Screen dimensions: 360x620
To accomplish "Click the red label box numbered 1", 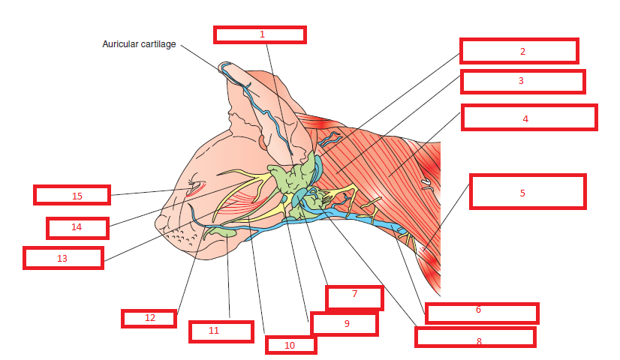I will pyautogui.click(x=260, y=34).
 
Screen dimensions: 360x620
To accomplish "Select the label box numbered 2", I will pyautogui.click(x=519, y=51).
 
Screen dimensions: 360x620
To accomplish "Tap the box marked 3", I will pyautogui.click(x=522, y=81).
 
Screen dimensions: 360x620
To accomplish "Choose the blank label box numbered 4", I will pyautogui.click(x=528, y=118).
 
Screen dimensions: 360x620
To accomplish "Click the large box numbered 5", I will pyautogui.click(x=527, y=192).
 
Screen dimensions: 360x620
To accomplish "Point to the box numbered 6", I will pyautogui.click(x=482, y=313).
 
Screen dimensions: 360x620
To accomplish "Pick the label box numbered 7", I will pyautogui.click(x=354, y=297).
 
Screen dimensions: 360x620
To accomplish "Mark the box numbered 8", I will pyautogui.click(x=475, y=337).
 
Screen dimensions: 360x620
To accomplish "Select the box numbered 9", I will pyautogui.click(x=344, y=324).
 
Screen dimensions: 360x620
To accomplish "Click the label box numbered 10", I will pyautogui.click(x=290, y=345).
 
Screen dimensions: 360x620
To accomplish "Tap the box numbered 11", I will pyautogui.click(x=221, y=331).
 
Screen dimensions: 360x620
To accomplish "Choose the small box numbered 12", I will pyautogui.click(x=149, y=318).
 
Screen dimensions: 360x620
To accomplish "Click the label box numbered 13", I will pyautogui.click(x=63, y=258).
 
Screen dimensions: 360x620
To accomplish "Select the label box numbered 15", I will pyautogui.click(x=72, y=195).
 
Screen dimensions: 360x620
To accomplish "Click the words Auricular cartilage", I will pyautogui.click(x=139, y=44).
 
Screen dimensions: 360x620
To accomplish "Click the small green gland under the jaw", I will pyautogui.click(x=223, y=234).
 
